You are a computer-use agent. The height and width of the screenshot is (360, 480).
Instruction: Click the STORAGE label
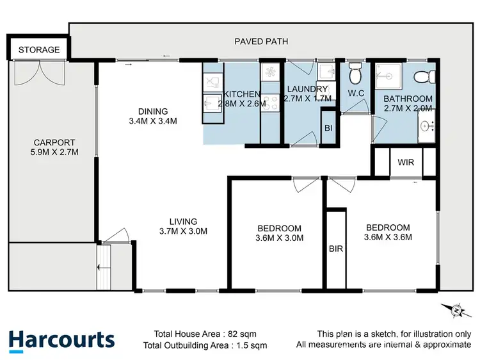(38, 49)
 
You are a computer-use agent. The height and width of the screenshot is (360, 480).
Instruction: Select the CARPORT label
(54, 143)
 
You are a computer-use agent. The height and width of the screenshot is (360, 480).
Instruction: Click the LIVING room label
(179, 222)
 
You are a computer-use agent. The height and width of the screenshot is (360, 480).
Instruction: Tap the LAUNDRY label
(307, 89)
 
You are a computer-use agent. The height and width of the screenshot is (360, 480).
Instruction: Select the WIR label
(406, 163)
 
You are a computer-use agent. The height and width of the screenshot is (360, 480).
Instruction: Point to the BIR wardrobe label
(335, 249)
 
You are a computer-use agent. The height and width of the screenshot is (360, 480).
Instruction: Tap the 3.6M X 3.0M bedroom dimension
(279, 238)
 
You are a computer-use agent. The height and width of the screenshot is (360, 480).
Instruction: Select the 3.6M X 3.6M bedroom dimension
(387, 236)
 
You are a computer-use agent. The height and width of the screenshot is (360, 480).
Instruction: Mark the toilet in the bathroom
(422, 77)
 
